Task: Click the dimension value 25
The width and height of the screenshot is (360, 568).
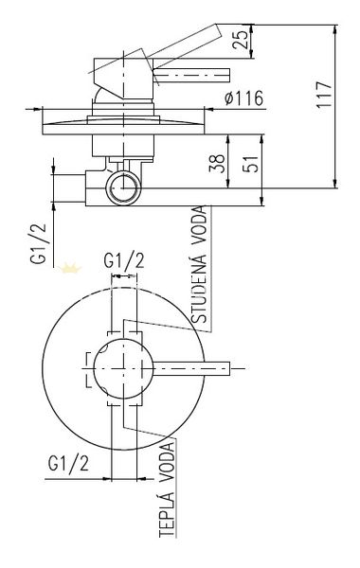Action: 241,39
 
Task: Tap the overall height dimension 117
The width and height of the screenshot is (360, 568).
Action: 324,95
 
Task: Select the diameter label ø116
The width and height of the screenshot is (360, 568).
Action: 243,98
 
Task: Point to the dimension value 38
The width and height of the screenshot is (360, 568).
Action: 218,164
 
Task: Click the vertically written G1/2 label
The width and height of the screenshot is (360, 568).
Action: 39,243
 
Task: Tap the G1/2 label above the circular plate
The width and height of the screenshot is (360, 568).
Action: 124,260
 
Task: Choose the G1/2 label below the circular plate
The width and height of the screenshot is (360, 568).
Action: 68,463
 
